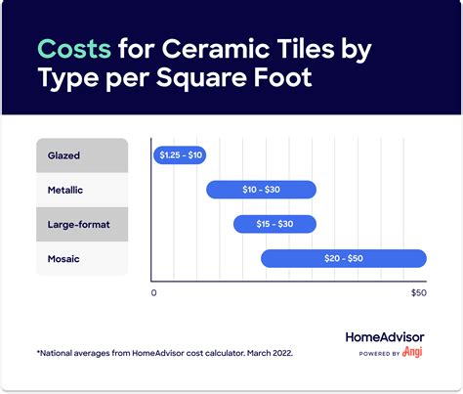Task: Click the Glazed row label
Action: (x=64, y=154)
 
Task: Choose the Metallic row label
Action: (x=67, y=190)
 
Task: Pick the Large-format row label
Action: (x=79, y=224)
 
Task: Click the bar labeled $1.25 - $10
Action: (x=180, y=154)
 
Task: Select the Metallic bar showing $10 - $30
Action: (x=261, y=189)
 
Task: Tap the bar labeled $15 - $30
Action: (x=274, y=224)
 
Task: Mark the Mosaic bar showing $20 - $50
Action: (x=343, y=258)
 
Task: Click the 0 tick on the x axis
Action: (x=153, y=292)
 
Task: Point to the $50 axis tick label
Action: (x=418, y=292)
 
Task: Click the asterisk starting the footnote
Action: (x=37, y=349)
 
